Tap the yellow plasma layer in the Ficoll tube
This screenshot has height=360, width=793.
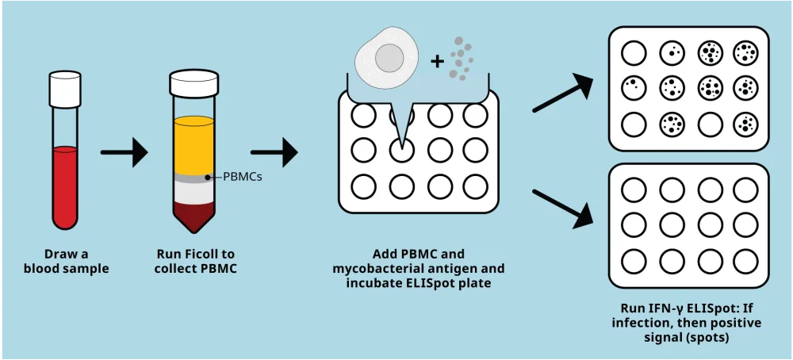(193, 146)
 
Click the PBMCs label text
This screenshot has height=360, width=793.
(242, 178)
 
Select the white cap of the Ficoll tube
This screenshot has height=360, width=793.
(193, 82)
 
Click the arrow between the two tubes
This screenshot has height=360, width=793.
(124, 152)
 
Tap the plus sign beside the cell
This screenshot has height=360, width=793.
(438, 62)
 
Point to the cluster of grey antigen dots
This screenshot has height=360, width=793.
(461, 57)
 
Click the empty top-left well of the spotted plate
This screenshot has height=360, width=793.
(634, 53)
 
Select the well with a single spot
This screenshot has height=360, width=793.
(672, 53)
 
